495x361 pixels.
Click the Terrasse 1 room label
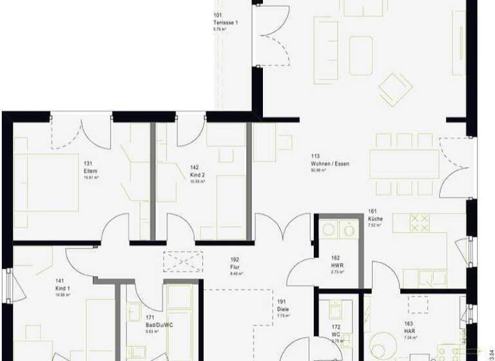(x=226, y=23)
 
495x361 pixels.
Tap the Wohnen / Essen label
(x=329, y=164)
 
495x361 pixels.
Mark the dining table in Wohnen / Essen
(x=404, y=164)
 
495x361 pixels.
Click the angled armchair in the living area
(x=395, y=89)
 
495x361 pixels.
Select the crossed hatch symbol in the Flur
(x=183, y=261)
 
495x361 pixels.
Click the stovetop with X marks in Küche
(x=420, y=222)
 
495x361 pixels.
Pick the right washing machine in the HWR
(x=349, y=229)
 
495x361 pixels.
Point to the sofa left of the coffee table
(x=326, y=50)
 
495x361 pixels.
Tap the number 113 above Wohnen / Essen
(x=315, y=156)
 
